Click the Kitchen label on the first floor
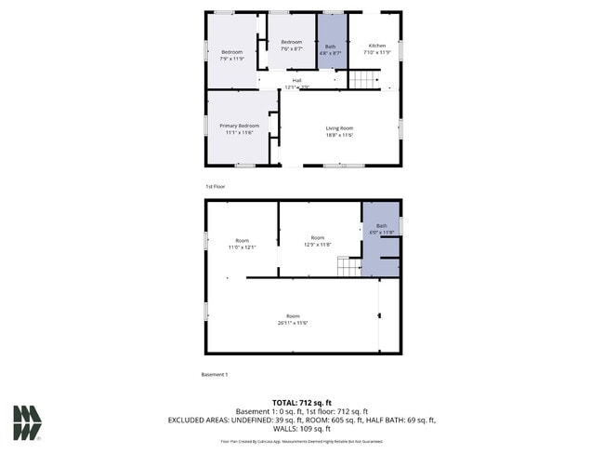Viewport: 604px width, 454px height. (376, 46)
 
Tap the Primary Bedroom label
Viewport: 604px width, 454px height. (239, 126)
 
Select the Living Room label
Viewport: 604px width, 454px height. (339, 127)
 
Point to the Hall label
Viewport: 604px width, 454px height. (296, 80)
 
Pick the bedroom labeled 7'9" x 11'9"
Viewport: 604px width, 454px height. (231, 54)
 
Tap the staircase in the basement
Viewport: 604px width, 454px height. (348, 267)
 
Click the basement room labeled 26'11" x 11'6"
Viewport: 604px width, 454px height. (292, 319)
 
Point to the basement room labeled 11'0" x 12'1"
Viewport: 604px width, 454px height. (242, 244)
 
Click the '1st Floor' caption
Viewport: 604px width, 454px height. (215, 186)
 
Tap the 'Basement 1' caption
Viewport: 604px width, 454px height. (215, 374)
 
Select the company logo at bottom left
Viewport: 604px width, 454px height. (27, 422)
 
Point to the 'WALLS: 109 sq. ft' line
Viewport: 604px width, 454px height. (301, 429)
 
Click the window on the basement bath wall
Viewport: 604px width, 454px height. (400, 226)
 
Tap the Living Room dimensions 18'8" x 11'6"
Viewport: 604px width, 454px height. (339, 135)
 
